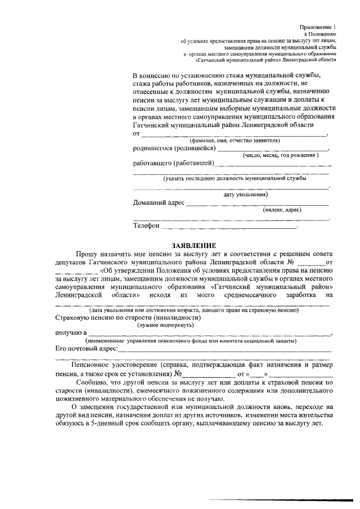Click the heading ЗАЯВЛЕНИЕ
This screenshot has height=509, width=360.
click(193, 245)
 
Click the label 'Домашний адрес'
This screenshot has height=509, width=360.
click(158, 202)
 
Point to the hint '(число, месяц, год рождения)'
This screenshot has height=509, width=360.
click(280, 155)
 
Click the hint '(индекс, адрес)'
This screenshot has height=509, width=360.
click(282, 210)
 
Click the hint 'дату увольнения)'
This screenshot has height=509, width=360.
click(245, 194)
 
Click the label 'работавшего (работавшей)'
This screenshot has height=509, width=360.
click(174, 164)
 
